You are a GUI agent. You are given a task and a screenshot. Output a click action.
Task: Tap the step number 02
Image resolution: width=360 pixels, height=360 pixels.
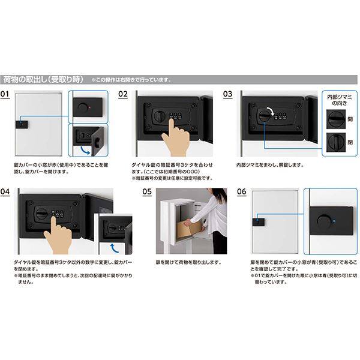[x=123, y=94]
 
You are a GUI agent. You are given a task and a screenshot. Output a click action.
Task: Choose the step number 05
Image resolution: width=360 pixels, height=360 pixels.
[x=147, y=192]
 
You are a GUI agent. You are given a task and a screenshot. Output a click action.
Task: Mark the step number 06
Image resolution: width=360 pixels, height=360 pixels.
[x=242, y=192]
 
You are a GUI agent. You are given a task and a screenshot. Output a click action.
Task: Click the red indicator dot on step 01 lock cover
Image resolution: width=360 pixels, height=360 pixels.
[x=91, y=107]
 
